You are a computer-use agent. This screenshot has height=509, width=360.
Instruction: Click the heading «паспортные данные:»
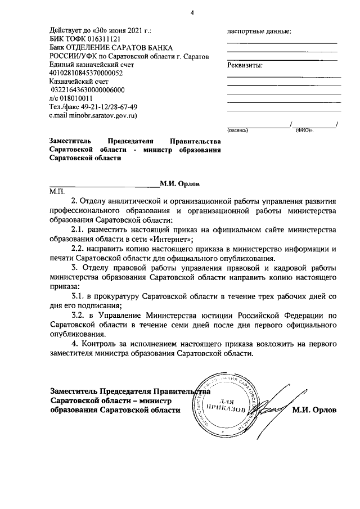[259, 31]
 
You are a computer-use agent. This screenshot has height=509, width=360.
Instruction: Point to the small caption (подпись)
[237, 130]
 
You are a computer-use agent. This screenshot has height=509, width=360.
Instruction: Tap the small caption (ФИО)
[304, 130]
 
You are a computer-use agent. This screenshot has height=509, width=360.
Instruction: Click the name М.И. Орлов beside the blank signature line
[179, 183]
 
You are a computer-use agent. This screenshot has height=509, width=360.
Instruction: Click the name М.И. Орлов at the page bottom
[314, 410]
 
